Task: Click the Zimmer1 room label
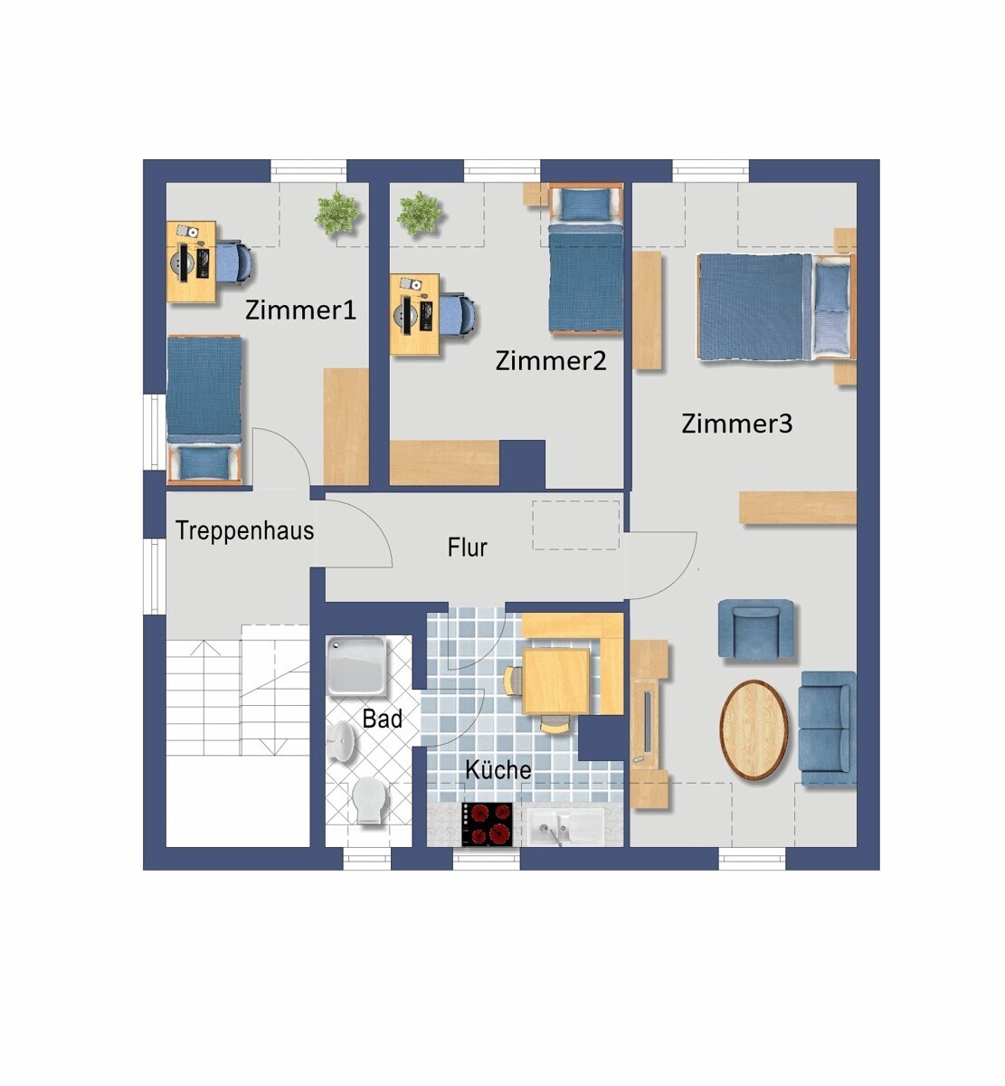click(300, 310)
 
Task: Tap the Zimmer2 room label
click(551, 361)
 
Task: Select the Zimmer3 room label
click(736, 424)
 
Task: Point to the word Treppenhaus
click(244, 531)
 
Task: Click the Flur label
click(467, 548)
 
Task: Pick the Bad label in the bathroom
click(383, 719)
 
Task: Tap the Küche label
click(498, 770)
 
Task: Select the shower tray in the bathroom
click(356, 665)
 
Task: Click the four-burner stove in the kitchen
click(488, 824)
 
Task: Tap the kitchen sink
click(565, 827)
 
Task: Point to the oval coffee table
click(754, 730)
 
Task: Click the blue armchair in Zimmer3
click(755, 628)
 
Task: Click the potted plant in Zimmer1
click(337, 214)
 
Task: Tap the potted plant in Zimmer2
click(420, 214)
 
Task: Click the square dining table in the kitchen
click(556, 681)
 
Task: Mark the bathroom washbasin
click(341, 740)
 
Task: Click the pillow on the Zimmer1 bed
click(204, 463)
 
